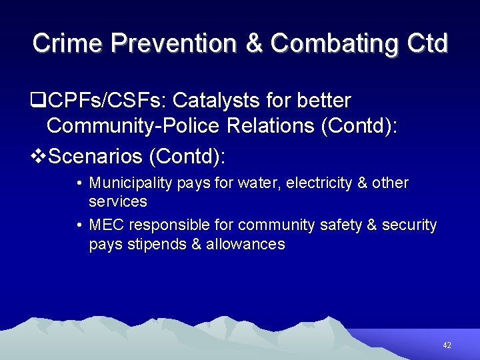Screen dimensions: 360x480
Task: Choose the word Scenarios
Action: click(x=97, y=157)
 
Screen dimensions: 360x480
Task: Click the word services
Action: click(x=118, y=201)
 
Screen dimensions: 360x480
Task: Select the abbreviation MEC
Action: click(x=107, y=225)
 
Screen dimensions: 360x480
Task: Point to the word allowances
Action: click(x=245, y=244)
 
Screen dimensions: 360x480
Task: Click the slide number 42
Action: click(x=447, y=345)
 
